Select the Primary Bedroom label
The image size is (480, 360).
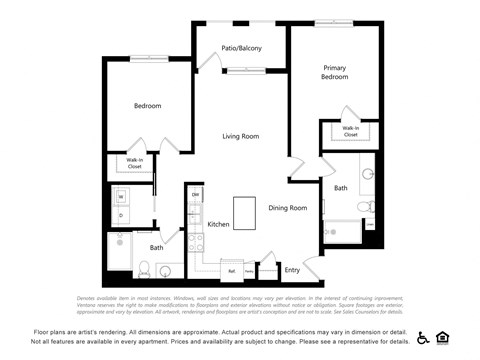click(x=334, y=73)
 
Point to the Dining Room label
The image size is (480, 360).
click(x=287, y=208)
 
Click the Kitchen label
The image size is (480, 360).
click(x=218, y=225)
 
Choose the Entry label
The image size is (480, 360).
click(x=292, y=270)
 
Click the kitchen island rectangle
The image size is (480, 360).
click(x=246, y=212)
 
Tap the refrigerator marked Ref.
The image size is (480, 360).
click(x=232, y=270)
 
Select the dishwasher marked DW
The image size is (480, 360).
click(x=196, y=194)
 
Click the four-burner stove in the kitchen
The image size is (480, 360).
click(x=195, y=242)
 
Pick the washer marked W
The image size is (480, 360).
click(x=121, y=197)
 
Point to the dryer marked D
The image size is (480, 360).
click(x=121, y=215)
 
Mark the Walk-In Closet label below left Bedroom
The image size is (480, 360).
click(x=133, y=162)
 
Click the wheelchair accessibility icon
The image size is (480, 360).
click(x=423, y=337)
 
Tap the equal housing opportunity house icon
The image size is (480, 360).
click(x=443, y=337)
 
